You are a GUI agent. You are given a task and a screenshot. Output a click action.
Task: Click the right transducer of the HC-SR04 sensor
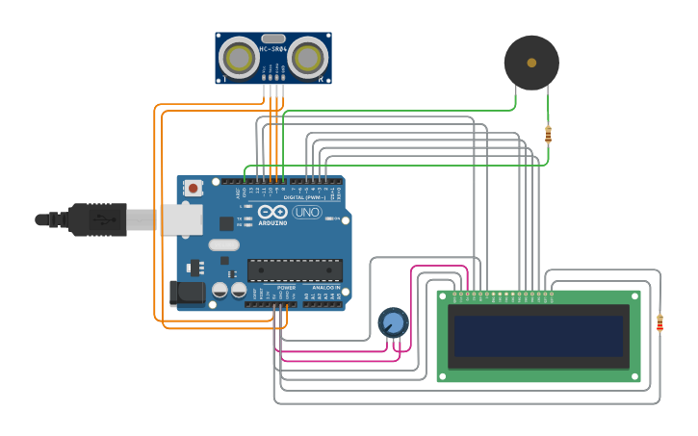(306, 58)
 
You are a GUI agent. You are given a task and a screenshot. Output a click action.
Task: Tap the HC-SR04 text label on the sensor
(272, 48)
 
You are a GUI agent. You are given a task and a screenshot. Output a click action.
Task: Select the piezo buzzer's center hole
(531, 63)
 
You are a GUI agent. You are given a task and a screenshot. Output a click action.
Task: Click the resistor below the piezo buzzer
(548, 135)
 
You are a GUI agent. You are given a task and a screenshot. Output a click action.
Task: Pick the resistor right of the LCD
(659, 323)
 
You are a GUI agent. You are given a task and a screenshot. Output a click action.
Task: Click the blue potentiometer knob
(393, 321)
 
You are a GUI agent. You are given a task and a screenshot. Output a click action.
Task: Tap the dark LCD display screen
(538, 336)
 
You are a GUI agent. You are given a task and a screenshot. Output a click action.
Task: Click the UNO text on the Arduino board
(307, 212)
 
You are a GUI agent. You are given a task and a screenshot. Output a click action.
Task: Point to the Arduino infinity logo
(272, 212)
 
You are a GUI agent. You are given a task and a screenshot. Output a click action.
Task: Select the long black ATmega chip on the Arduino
(295, 270)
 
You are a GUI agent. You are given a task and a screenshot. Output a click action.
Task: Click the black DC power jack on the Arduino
(185, 293)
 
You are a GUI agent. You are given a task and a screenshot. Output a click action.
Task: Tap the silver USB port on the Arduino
(181, 219)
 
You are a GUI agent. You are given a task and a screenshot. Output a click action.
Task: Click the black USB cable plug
(96, 219)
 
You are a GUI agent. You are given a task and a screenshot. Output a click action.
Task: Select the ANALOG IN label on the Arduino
(323, 287)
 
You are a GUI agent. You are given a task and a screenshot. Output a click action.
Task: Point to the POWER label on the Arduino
(286, 287)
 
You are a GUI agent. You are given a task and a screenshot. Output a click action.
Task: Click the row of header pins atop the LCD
(502, 294)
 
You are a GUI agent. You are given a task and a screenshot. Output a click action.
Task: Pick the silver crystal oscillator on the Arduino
(222, 244)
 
